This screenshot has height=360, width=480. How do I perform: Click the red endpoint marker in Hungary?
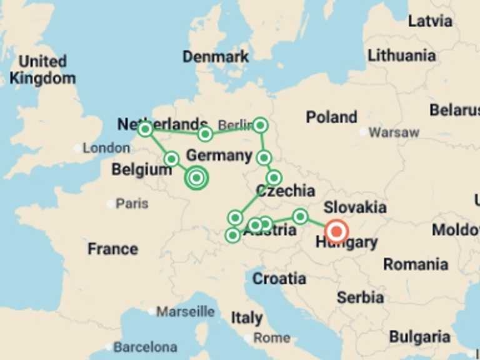(x=337, y=232)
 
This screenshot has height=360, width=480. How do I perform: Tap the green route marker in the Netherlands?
(x=145, y=129)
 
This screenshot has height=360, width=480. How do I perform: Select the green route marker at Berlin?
(x=260, y=126)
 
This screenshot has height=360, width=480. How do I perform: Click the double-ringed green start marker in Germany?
(x=196, y=178)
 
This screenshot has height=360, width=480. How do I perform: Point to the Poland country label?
(x=331, y=117)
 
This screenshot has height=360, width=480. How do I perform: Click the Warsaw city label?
(x=394, y=132)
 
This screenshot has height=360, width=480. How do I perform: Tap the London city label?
(x=106, y=148)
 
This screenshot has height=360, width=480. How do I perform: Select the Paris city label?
(x=132, y=203)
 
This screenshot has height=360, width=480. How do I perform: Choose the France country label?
(x=112, y=249)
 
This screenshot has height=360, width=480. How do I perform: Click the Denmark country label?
(x=216, y=57)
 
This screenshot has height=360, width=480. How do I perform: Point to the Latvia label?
(x=430, y=21)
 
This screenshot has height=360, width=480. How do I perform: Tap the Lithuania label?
(x=402, y=55)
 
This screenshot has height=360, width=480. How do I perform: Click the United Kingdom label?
(x=42, y=70)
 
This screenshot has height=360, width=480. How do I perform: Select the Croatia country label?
(x=279, y=278)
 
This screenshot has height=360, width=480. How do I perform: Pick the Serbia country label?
(x=360, y=297)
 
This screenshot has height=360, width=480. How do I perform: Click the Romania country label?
(x=416, y=264)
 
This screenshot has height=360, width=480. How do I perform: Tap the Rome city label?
(x=272, y=337)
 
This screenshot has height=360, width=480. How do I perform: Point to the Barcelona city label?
(x=145, y=346)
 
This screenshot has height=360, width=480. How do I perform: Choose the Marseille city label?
(x=186, y=311)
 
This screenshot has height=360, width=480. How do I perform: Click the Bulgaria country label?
(x=419, y=337)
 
